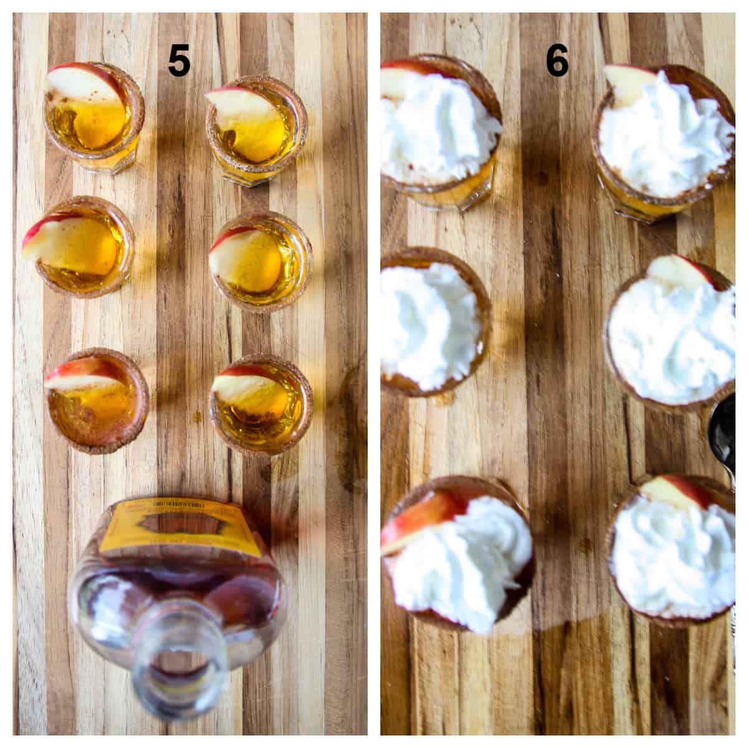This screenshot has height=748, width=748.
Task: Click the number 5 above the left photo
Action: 179,63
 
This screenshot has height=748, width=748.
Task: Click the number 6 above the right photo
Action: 557,62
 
